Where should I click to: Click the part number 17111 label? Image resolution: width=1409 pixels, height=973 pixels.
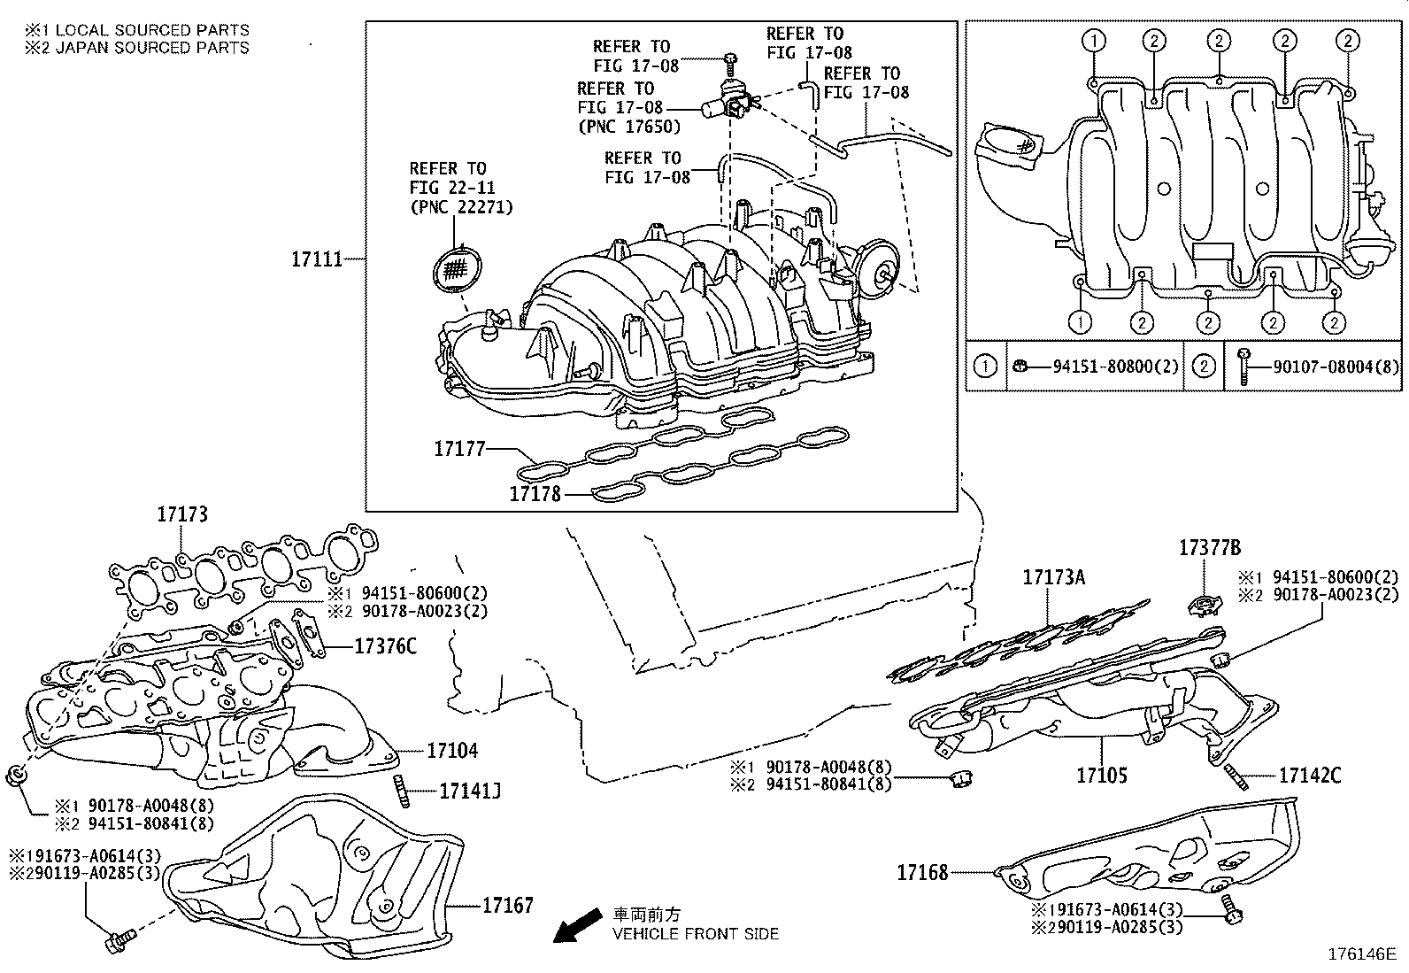(x=317, y=259)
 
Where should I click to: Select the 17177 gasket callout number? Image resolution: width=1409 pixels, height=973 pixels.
(x=459, y=450)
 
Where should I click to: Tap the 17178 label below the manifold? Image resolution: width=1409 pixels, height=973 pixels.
(x=535, y=494)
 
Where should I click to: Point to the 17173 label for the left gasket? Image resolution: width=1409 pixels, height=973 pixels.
(x=182, y=514)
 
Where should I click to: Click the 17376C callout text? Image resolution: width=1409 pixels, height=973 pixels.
(x=385, y=646)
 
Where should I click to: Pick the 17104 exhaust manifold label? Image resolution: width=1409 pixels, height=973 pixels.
(x=452, y=751)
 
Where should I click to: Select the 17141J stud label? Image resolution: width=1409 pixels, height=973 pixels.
(x=470, y=791)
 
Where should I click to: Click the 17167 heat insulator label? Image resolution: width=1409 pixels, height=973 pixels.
(x=508, y=905)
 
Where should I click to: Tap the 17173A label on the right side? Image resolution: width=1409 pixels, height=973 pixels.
(x=1053, y=578)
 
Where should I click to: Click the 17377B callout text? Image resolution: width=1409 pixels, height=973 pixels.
(x=1209, y=548)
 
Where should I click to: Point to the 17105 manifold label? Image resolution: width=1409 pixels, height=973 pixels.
(x=1102, y=776)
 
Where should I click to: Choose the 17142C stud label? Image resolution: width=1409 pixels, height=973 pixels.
(x=1310, y=776)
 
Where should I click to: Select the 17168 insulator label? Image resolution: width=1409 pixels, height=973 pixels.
(x=922, y=872)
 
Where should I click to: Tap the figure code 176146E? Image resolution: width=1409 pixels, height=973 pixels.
(x=1360, y=954)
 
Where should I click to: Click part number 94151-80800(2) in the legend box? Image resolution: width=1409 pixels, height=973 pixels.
(x=1116, y=366)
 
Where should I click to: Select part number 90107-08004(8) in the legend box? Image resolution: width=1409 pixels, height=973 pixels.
(x=1336, y=366)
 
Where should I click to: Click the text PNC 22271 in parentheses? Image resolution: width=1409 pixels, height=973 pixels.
(x=461, y=207)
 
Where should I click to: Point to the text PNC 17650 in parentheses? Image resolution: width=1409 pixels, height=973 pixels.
(x=629, y=127)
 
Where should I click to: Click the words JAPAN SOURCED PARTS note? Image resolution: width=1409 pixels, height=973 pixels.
(x=152, y=48)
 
